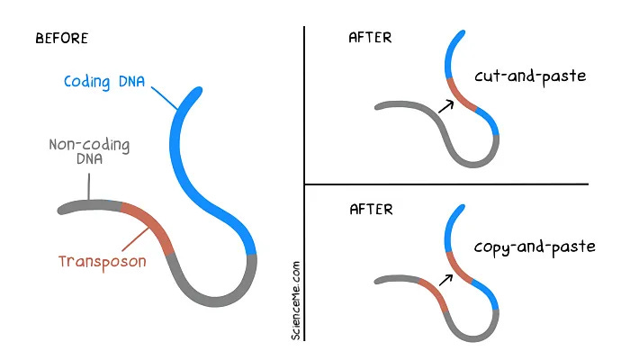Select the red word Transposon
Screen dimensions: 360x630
pos(102,262)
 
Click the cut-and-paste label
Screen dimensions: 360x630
pos(532,76)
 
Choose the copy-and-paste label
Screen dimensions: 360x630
pos(535,245)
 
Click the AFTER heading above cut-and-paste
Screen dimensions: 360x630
pos(370,39)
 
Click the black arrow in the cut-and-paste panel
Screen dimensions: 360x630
pos(445,105)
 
